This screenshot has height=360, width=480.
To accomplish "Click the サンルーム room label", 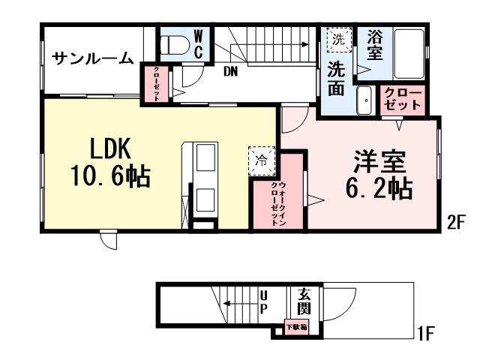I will [93, 58].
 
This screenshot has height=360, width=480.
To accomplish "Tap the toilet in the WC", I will [175, 43].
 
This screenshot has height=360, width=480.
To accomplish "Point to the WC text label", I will [199, 43].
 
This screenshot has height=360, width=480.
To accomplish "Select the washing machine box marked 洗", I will [337, 38].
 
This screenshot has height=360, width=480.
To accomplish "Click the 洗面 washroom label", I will [336, 78].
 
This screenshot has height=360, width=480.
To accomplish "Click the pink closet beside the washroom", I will [403, 100].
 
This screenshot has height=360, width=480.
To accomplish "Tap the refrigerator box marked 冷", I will [261, 159].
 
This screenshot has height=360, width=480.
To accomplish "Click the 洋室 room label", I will [379, 163].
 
